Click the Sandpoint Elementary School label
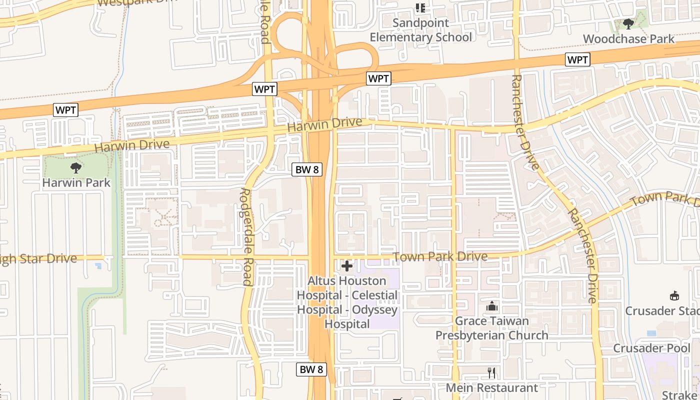[x=420, y=30]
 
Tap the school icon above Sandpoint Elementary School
[x=420, y=8]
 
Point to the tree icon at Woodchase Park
[x=628, y=23]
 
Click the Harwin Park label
[x=76, y=182]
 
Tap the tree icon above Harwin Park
[x=76, y=167]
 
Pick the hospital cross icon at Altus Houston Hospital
[x=347, y=265]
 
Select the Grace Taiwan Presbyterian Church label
[x=492, y=328]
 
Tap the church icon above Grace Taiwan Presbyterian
[x=492, y=305]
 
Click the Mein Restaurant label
[x=491, y=387]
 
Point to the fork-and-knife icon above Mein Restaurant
[x=491, y=372]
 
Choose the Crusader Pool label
[x=651, y=348]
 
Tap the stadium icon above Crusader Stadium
[x=674, y=295]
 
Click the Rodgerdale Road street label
[x=247, y=236]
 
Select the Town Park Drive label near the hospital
[x=440, y=257]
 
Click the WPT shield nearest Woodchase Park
[x=578, y=60]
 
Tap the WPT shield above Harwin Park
[x=66, y=110]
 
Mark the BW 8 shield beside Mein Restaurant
[x=312, y=369]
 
